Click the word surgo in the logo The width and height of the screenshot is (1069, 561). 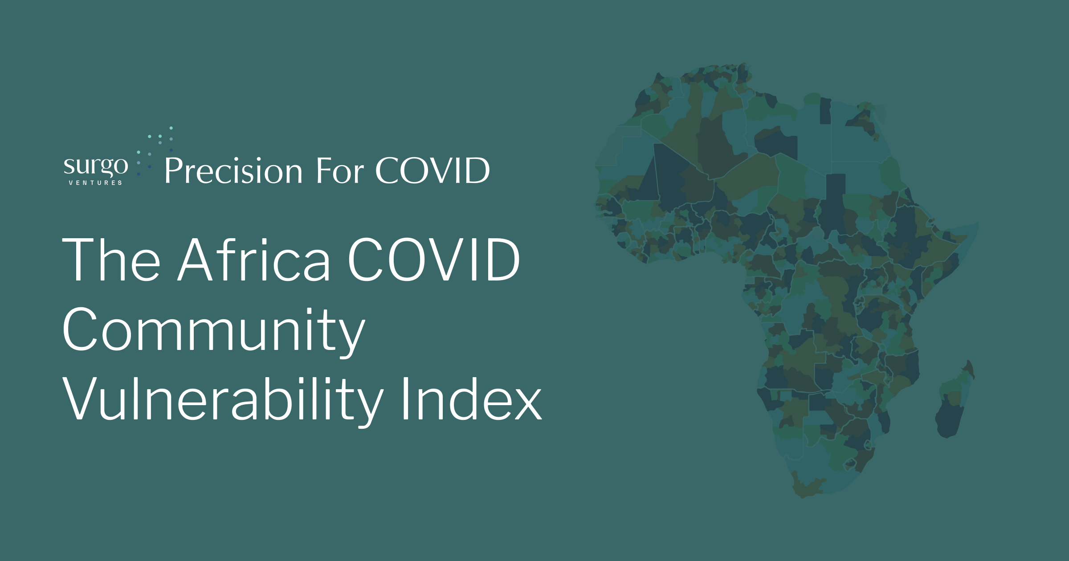click(96, 167)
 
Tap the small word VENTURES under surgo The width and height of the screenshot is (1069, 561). click(95, 183)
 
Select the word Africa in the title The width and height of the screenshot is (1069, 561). click(254, 260)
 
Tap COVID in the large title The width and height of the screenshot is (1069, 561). click(433, 260)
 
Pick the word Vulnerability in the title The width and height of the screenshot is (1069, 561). click(223, 399)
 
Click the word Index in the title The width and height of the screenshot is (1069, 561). click(471, 399)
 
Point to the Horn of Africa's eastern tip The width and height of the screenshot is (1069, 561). click(975, 225)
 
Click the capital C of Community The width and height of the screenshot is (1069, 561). click(80, 329)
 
